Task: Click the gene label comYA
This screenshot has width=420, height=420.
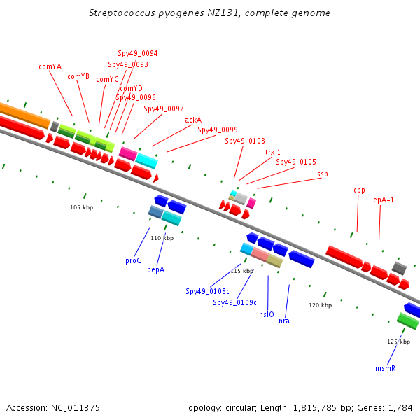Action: [50, 66]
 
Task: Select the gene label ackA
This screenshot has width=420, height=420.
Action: [193, 120]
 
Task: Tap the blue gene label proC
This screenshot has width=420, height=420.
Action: [133, 260]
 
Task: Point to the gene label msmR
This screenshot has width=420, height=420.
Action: [385, 368]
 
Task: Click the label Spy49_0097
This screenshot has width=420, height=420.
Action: [164, 108]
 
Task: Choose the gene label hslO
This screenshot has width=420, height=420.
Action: [267, 314]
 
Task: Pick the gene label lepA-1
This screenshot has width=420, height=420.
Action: [382, 199]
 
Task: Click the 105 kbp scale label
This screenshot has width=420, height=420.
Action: [82, 207]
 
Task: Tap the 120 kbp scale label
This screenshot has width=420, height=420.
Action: [321, 305]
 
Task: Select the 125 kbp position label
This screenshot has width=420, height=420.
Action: [398, 342]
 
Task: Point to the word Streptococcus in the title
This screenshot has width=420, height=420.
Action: [122, 13]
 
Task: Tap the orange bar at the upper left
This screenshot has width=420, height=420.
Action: [24, 115]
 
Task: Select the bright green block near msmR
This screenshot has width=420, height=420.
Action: [407, 321]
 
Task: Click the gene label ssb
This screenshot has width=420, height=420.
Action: [323, 174]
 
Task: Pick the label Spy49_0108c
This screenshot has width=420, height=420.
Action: [208, 291]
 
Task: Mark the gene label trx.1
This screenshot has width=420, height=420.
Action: [273, 152]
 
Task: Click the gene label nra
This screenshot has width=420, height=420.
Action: [284, 321]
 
